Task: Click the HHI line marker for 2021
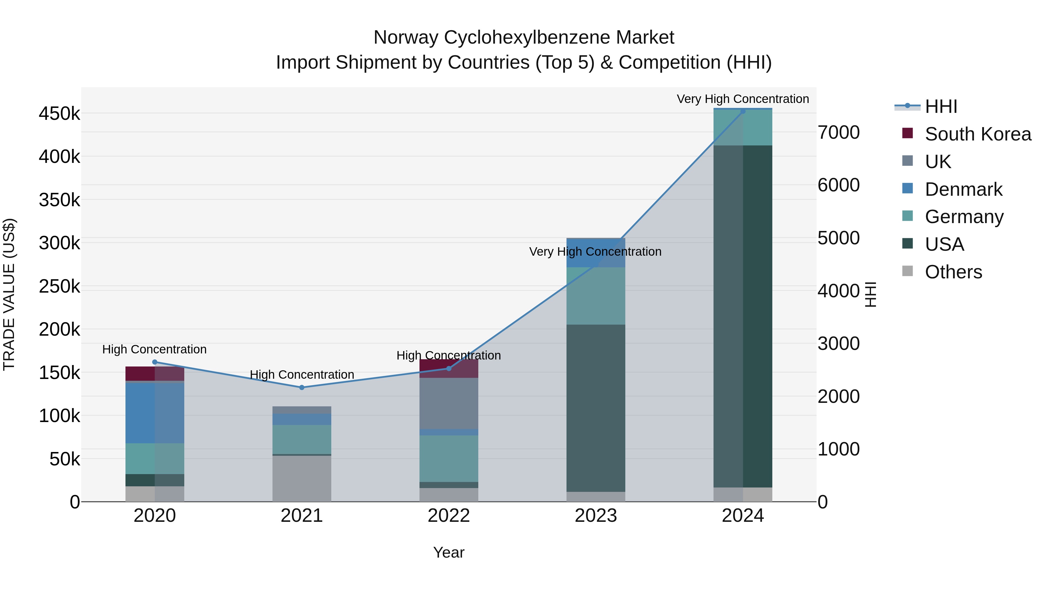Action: (x=302, y=387)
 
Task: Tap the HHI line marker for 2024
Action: (x=743, y=111)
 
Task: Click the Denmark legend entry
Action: (x=963, y=189)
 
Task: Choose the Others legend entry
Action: (x=953, y=272)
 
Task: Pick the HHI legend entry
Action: (x=940, y=106)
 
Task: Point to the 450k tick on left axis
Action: (x=59, y=114)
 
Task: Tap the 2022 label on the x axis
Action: (x=449, y=516)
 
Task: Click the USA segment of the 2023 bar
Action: (x=596, y=407)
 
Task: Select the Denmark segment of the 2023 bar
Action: (x=596, y=253)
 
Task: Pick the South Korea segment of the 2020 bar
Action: (x=155, y=373)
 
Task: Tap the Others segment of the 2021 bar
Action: (x=302, y=478)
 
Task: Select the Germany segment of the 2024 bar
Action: (x=743, y=127)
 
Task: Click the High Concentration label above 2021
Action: (x=302, y=374)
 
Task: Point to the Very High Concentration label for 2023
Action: (x=595, y=252)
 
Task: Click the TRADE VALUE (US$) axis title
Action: (x=9, y=294)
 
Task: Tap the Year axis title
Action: (x=449, y=552)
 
